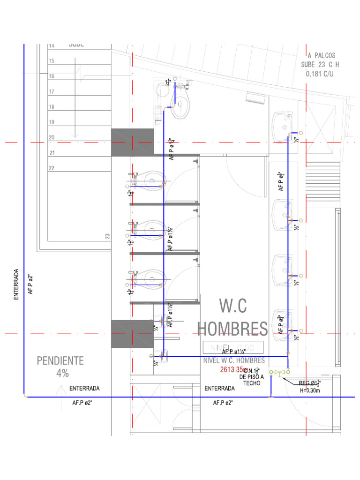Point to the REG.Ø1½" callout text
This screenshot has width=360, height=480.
click(309, 382)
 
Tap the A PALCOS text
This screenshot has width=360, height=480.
click(321, 55)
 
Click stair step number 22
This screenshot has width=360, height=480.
click(52, 168)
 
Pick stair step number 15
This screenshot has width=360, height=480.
click(52, 61)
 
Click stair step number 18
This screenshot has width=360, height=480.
click(52, 107)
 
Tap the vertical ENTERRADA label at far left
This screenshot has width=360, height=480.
click(16, 284)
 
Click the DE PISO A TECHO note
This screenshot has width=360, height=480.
click(251, 380)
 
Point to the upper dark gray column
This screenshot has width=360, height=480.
click(132, 142)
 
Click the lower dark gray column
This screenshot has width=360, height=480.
click(132, 334)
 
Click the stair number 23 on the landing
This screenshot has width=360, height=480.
click(107, 236)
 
